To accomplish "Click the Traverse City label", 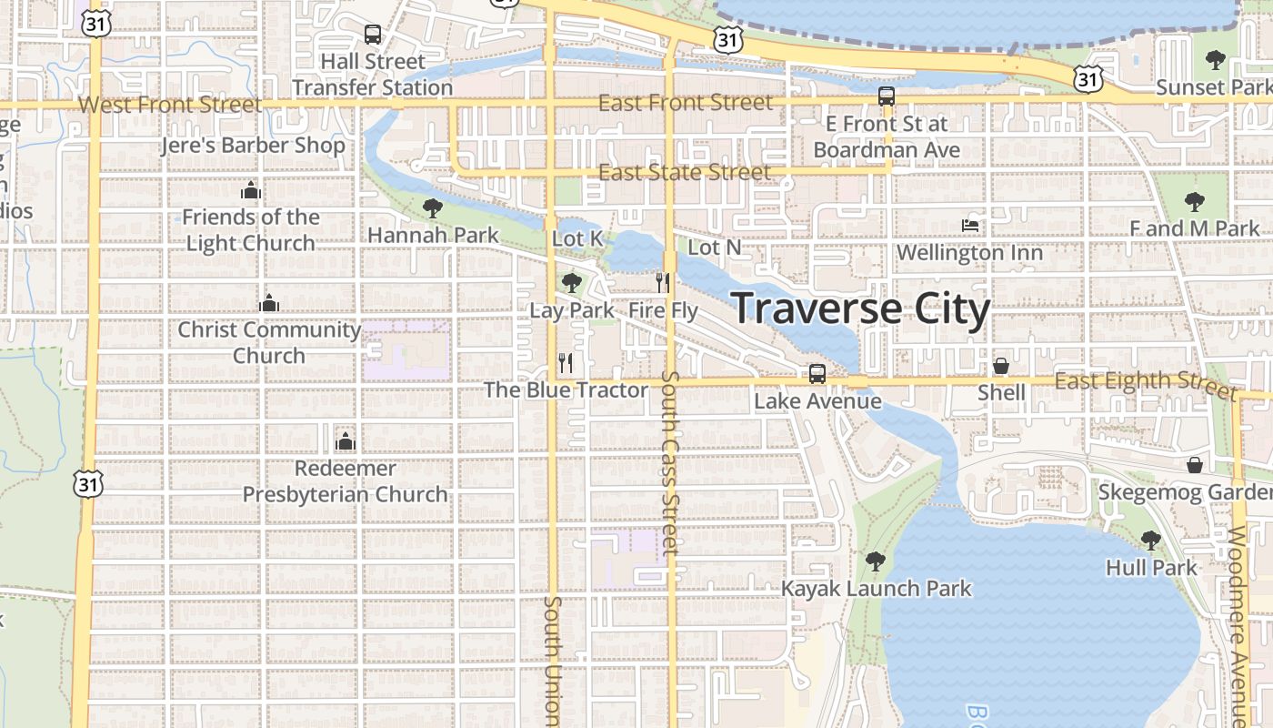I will click(860, 309).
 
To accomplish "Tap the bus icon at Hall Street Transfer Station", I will click(373, 35).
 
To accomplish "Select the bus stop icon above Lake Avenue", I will click(817, 373).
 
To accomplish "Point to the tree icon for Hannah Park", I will click(433, 208).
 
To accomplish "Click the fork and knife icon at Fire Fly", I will click(663, 283).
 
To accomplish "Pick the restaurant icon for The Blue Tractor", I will click(566, 363).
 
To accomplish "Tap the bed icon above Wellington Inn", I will click(970, 225).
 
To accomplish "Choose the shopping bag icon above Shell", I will click(1001, 366).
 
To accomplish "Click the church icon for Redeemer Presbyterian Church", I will click(345, 442).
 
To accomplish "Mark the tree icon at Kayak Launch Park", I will click(876, 561).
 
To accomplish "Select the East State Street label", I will click(685, 172).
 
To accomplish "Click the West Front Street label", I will click(170, 104).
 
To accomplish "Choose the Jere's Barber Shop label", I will click(253, 146).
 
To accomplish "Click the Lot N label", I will click(715, 247).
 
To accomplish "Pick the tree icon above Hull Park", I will click(1150, 541).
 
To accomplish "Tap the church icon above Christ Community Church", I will click(268, 303).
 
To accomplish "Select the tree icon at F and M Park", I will click(1194, 202).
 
